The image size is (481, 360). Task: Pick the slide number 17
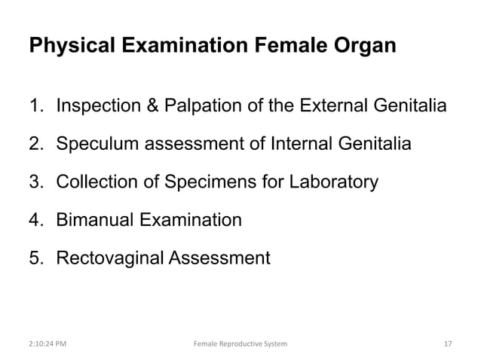449,344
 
